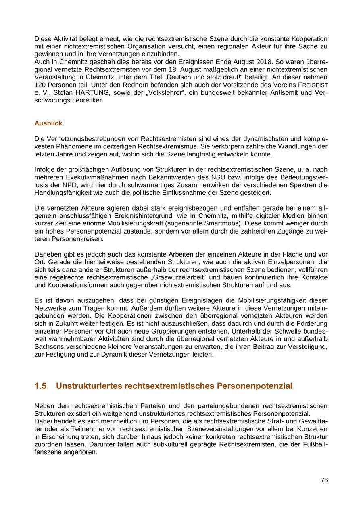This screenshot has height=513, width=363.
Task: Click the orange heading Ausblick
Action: coord(48,123)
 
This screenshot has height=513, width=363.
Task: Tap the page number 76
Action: coord(324,480)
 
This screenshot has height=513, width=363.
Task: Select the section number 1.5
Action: coord(41,386)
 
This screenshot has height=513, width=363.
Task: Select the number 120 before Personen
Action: coord(40,85)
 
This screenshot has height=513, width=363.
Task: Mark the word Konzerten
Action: coord(311,429)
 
